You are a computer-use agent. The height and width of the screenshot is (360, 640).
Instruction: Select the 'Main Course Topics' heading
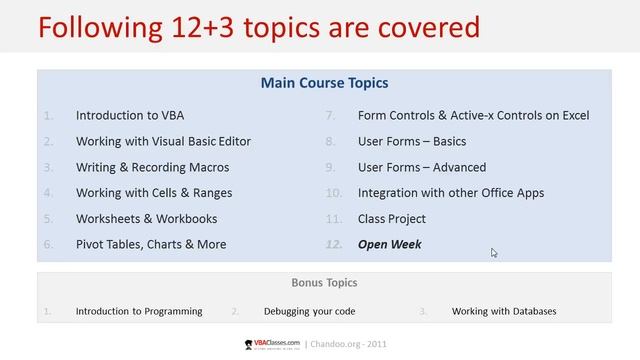click(324, 83)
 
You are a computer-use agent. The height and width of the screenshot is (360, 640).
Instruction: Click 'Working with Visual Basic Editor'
click(163, 141)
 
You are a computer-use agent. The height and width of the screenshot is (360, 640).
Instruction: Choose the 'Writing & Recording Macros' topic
click(152, 167)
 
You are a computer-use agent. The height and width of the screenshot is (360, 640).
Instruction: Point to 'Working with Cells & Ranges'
click(154, 192)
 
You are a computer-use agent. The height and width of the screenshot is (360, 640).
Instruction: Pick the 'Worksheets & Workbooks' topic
click(146, 218)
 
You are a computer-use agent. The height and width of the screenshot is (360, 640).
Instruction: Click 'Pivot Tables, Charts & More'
click(151, 244)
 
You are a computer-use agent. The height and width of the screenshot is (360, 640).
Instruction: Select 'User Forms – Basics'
click(412, 141)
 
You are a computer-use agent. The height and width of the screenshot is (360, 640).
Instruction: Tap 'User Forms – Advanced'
click(422, 167)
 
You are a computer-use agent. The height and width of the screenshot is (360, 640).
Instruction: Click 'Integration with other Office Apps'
click(451, 192)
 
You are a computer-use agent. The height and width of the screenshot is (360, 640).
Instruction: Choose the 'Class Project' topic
click(392, 218)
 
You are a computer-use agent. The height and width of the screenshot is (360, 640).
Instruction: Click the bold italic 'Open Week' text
click(390, 244)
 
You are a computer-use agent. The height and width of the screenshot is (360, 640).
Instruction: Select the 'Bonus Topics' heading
click(324, 283)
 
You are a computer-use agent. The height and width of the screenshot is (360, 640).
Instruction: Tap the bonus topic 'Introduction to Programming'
click(139, 311)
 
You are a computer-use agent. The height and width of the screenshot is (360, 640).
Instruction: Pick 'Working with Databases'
click(504, 311)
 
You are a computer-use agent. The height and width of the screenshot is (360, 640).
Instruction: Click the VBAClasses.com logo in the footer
click(271, 343)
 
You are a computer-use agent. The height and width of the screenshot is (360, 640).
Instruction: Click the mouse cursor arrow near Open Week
click(494, 253)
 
